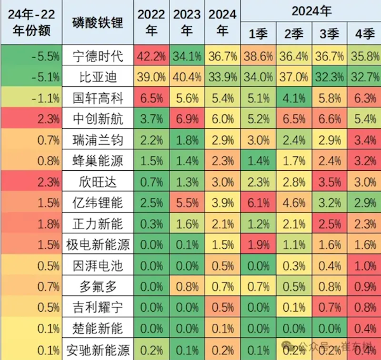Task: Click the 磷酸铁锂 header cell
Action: pyautogui.click(x=98, y=23)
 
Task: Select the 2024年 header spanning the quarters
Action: pyautogui.click(x=312, y=10)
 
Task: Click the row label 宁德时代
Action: pyautogui.click(x=98, y=56)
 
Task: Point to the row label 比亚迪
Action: pyautogui.click(x=98, y=77)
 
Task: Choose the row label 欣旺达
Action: pyautogui.click(x=98, y=182)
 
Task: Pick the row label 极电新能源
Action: pyautogui.click(x=98, y=244)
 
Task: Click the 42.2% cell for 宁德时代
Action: pyautogui.click(x=151, y=56)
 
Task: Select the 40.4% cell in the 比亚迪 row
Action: pyautogui.click(x=186, y=77)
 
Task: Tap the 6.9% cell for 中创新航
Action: pyautogui.click(x=186, y=119)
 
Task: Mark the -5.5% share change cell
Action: pyautogui.click(x=31, y=56)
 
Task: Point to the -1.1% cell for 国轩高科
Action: pyautogui.click(x=31, y=98)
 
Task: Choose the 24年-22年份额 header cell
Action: pyautogui.click(x=31, y=23)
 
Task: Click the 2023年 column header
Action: pyautogui.click(x=186, y=23)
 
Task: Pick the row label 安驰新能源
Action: pyautogui.click(x=98, y=349)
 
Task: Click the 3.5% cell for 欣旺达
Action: pyautogui.click(x=328, y=182)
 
